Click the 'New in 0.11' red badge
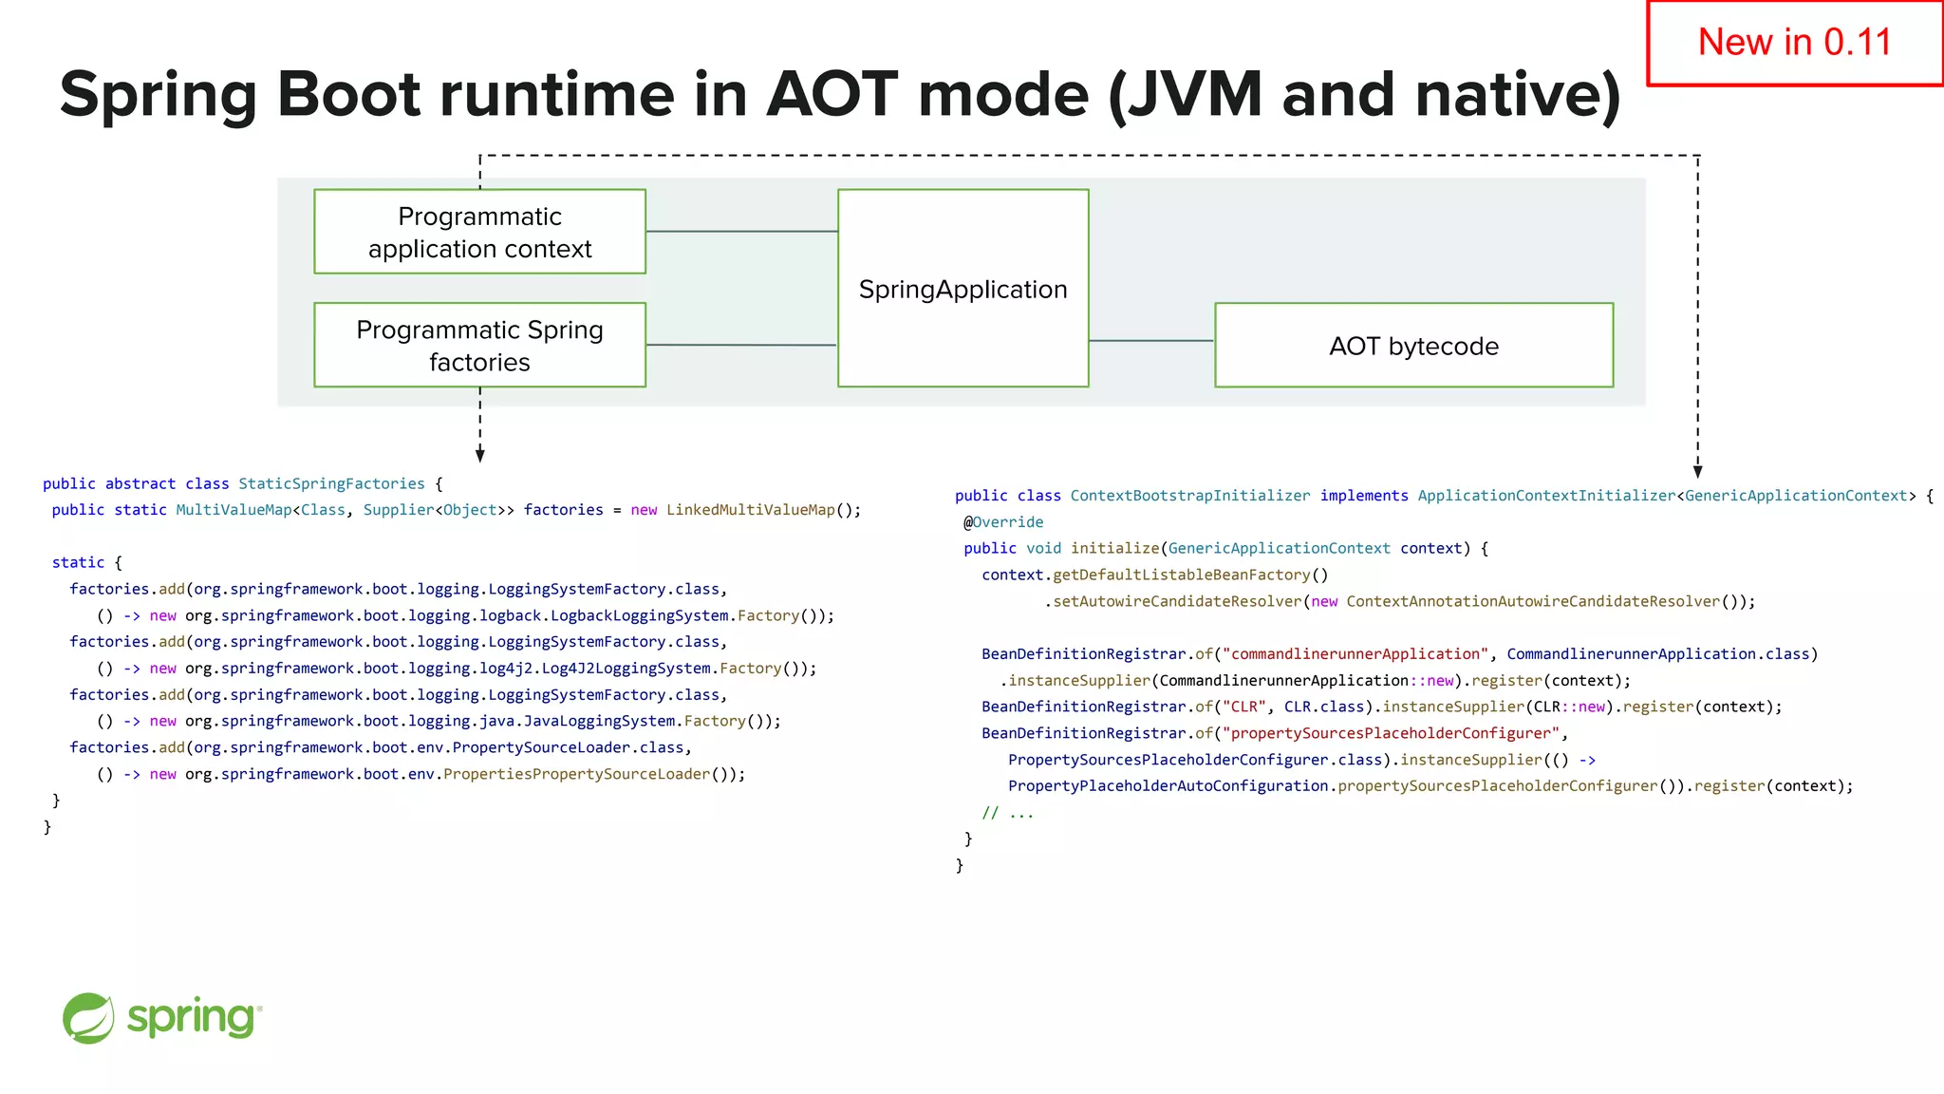[1794, 43]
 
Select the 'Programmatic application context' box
[479, 232]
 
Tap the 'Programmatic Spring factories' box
[479, 346]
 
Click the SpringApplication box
[963, 289]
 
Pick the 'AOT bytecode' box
[1413, 346]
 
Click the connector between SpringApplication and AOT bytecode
[1150, 340]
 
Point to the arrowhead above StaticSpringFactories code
[480, 456]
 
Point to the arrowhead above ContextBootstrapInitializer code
[1697, 472]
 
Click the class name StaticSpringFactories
[331, 483]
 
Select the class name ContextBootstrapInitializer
[1189, 496]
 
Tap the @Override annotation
[1003, 522]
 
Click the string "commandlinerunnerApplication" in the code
[1355, 654]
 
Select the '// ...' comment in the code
[1007, 813]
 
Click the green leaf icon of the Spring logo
[88, 1018]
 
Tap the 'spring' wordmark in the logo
[193, 1018]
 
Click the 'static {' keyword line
[86, 563]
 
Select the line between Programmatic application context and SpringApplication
[741, 231]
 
